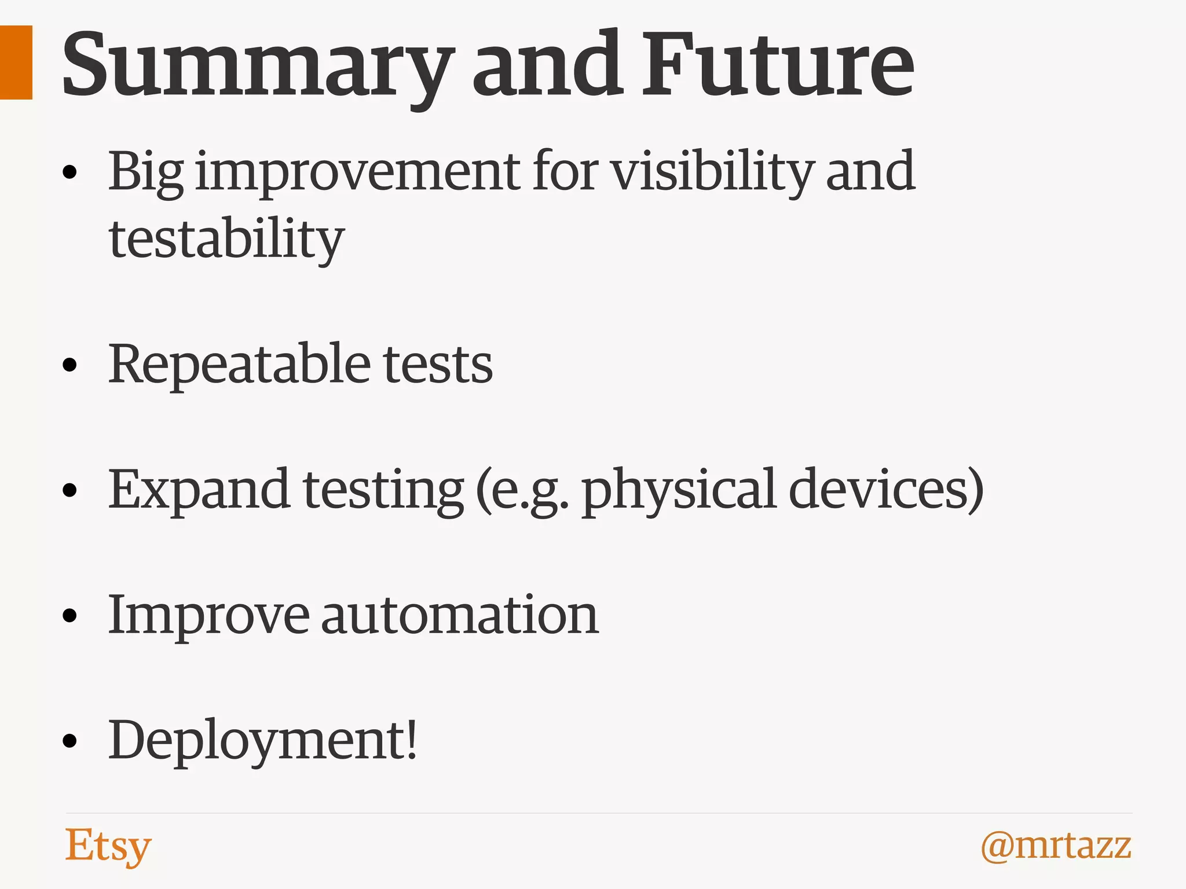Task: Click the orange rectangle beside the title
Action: pyautogui.click(x=16, y=63)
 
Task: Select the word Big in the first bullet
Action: pyautogui.click(x=146, y=172)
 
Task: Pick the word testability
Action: pyautogui.click(x=226, y=240)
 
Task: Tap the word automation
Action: pyautogui.click(x=460, y=615)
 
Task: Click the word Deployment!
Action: pyautogui.click(x=263, y=741)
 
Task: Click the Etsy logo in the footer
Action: pyautogui.click(x=108, y=846)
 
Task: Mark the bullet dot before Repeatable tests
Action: pyautogui.click(x=70, y=365)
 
